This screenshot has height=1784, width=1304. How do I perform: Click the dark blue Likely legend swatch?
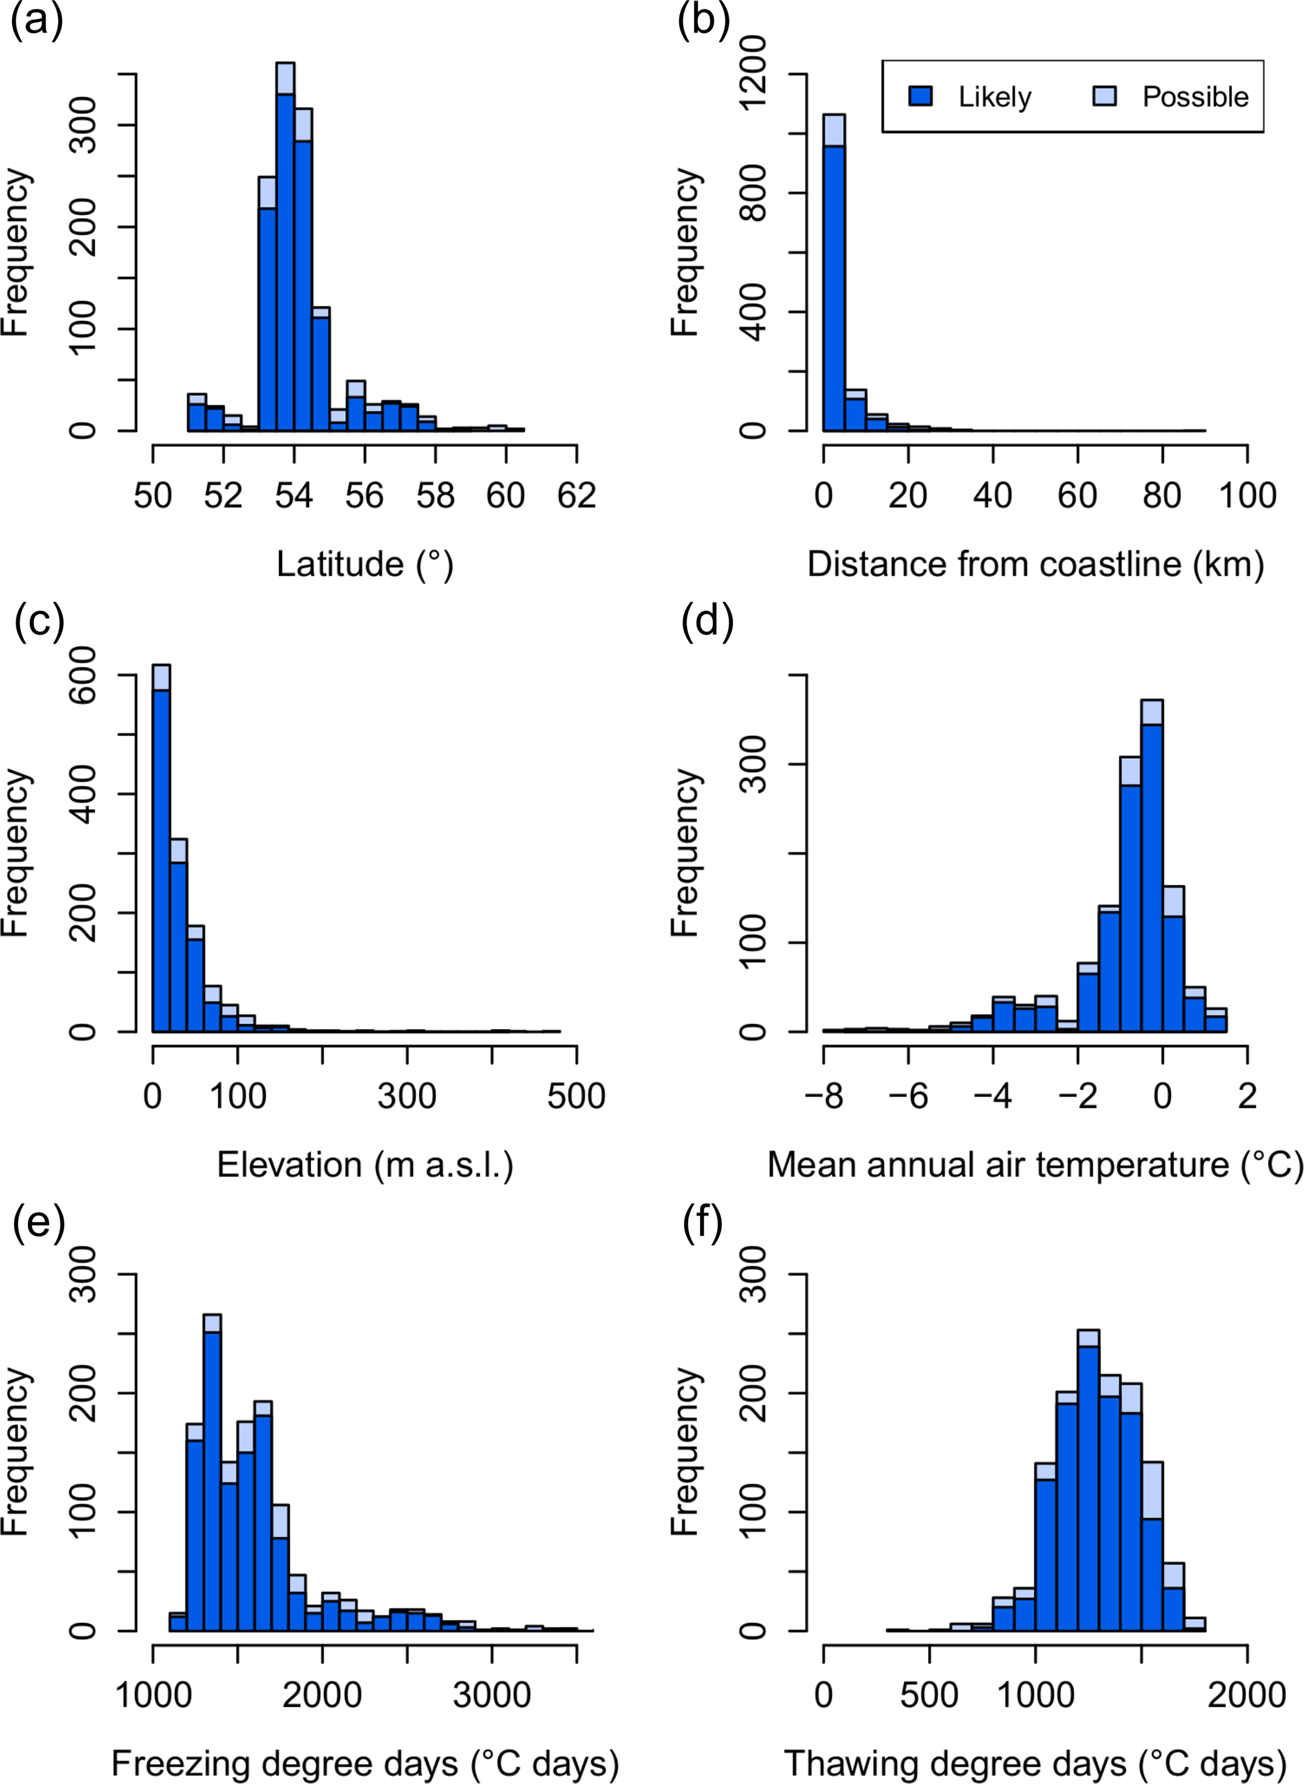(921, 97)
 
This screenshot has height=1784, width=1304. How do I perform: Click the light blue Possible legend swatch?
(1104, 97)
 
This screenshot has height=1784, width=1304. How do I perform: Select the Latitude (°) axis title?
(365, 564)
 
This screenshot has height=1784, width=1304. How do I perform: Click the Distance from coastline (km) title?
(1035, 564)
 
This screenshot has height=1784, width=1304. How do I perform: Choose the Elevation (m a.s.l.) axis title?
(365, 1165)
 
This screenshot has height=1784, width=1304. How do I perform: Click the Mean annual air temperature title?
(1035, 1165)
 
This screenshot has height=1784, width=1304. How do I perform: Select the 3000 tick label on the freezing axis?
(492, 1696)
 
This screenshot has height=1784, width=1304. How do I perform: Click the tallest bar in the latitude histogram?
(285, 261)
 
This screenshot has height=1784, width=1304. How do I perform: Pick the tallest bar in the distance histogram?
(833, 284)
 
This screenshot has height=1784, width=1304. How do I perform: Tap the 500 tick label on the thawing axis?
(929, 1696)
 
